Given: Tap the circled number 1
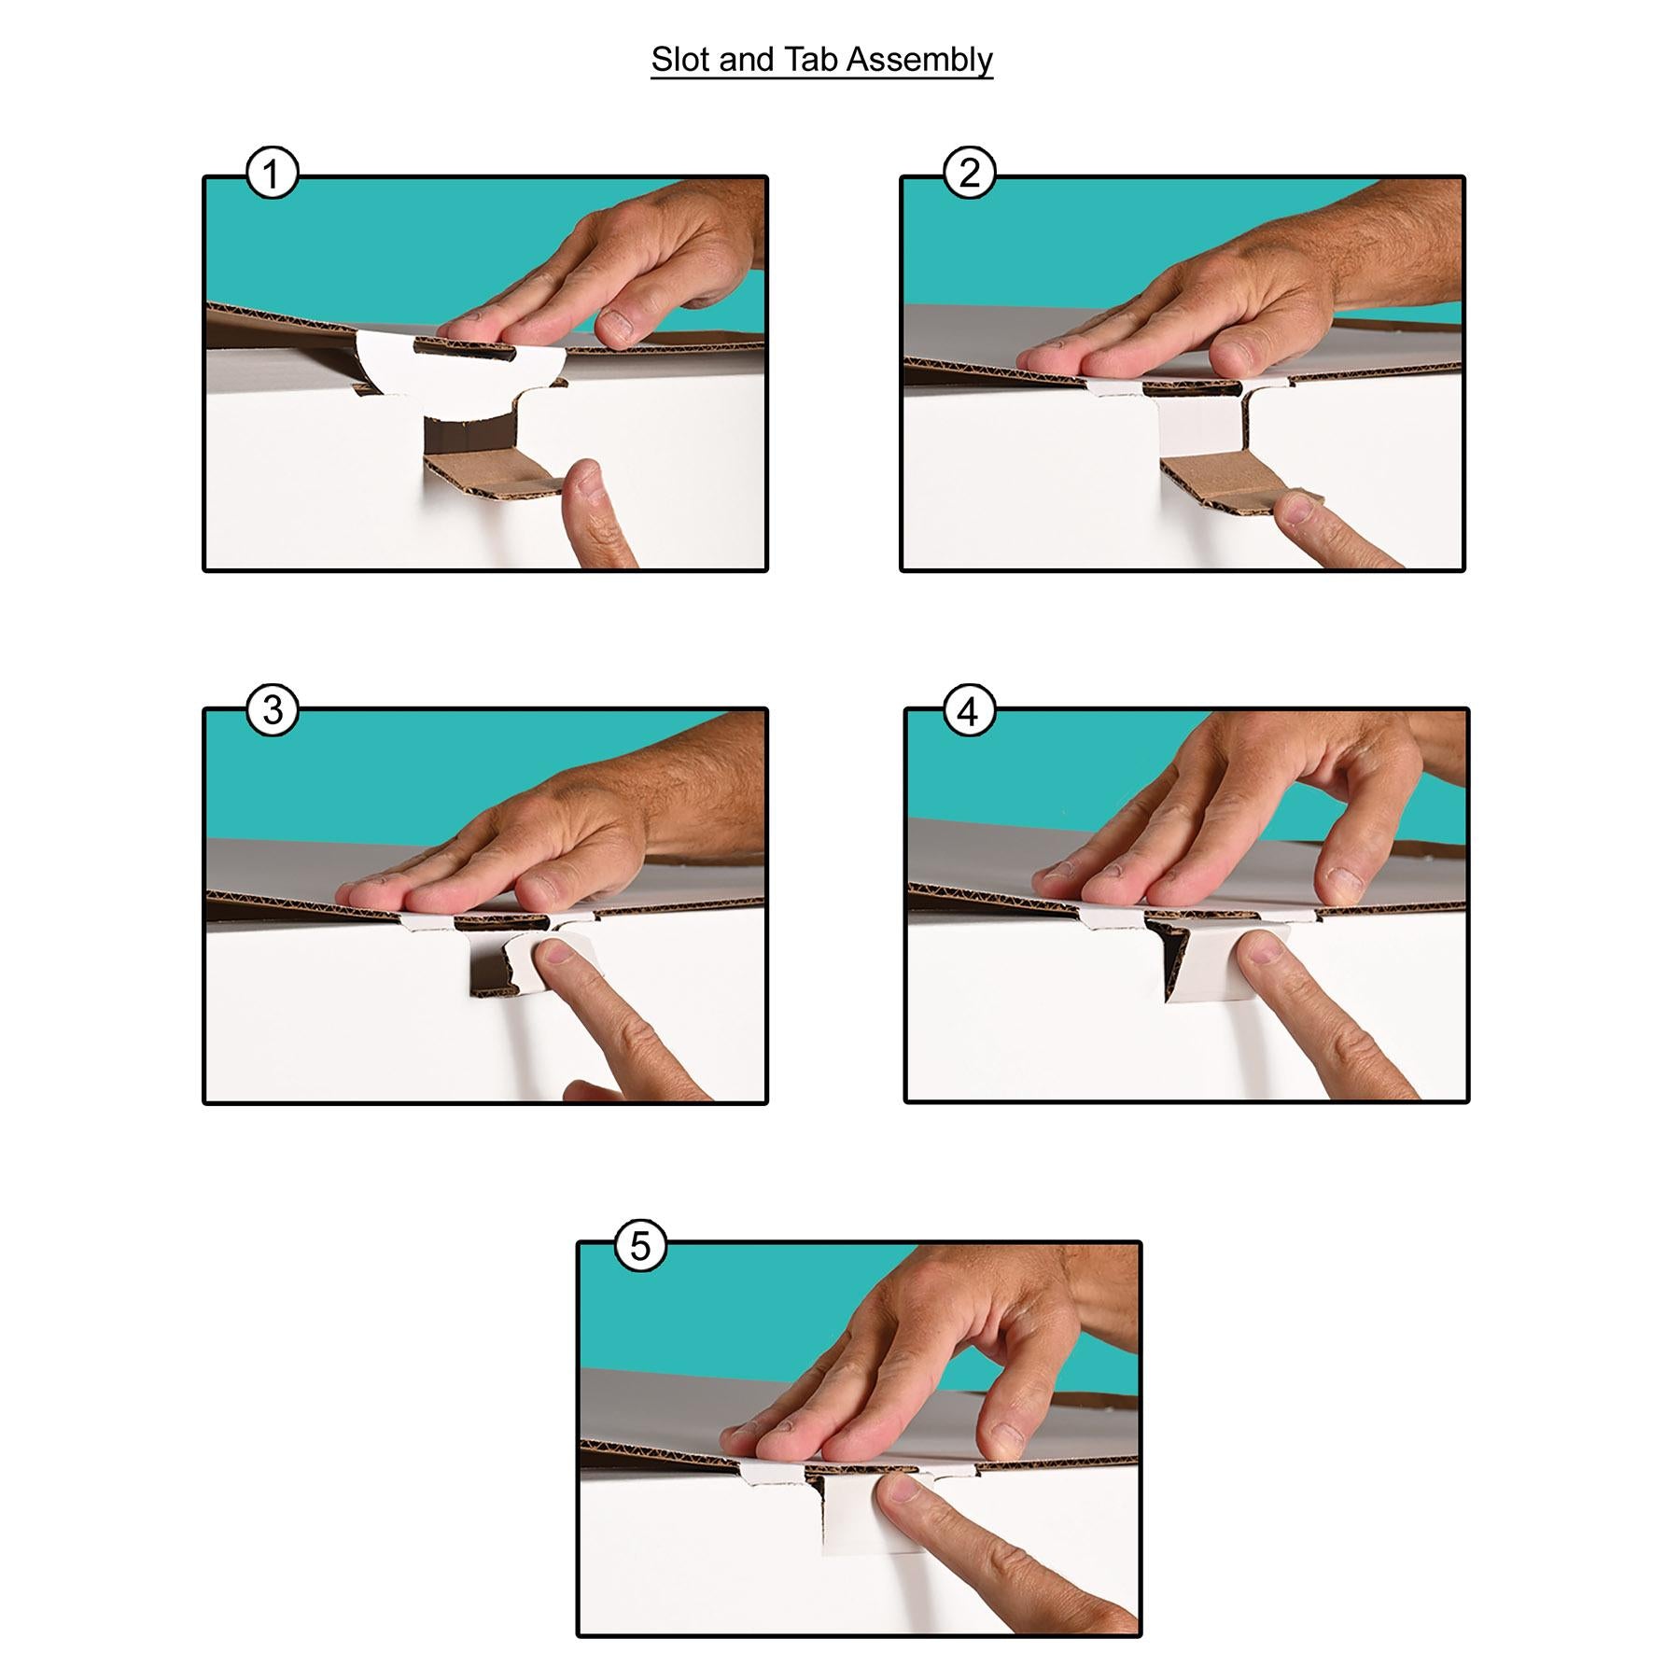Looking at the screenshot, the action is tap(272, 174).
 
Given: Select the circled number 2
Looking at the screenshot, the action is tap(970, 174).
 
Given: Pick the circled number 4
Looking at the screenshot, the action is tap(970, 711).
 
